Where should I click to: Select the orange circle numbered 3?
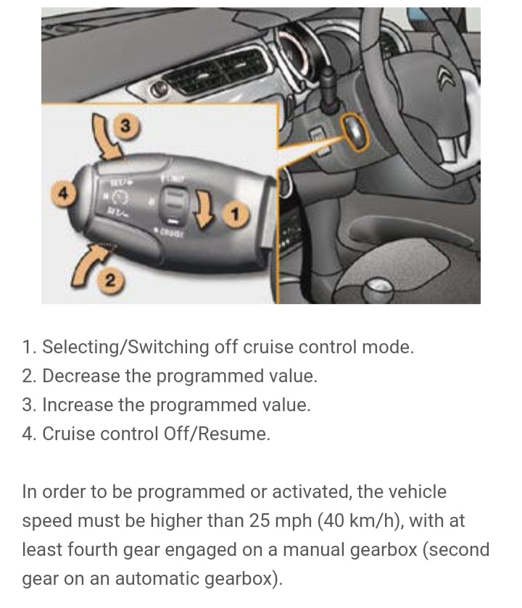tap(125, 126)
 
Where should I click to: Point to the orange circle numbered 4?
tap(63, 193)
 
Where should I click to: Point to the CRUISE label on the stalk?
tap(171, 233)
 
